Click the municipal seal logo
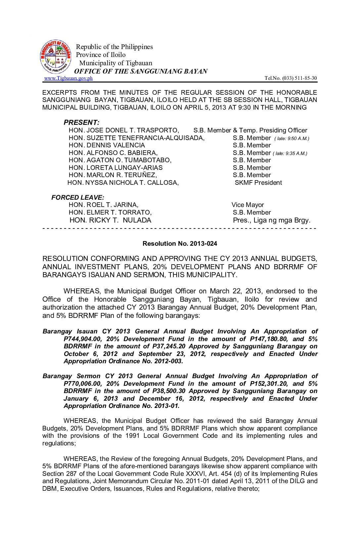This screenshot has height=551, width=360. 56,57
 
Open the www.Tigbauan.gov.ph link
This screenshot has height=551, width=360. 68,78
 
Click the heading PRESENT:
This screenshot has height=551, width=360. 81,123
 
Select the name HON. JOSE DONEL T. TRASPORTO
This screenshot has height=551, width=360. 124,130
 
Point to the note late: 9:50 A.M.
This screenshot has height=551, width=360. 292,138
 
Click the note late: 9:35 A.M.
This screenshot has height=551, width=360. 290,153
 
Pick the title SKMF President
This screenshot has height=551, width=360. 258,183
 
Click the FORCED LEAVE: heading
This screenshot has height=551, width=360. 78,198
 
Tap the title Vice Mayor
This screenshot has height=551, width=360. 247,205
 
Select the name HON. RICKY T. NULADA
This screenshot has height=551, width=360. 110,221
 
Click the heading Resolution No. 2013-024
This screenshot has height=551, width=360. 180,244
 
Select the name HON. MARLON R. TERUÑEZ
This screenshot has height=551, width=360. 113,175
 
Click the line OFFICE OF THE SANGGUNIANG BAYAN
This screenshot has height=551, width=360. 141,71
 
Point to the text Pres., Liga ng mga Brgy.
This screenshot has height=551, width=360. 272,221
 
